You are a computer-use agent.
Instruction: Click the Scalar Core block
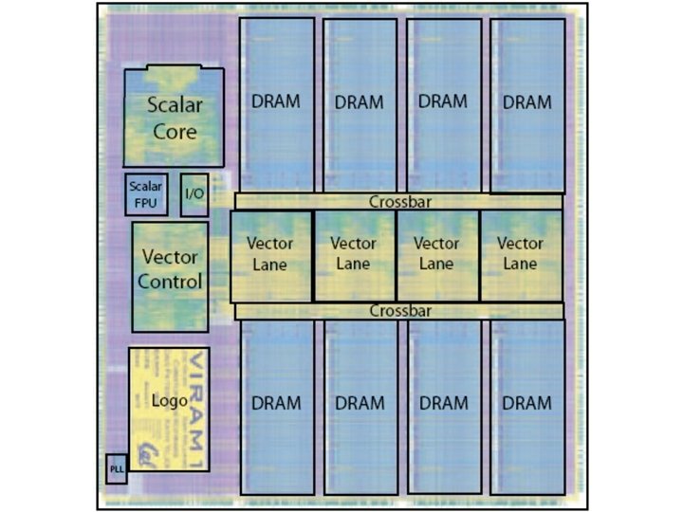coord(174,118)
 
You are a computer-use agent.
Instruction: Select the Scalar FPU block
coord(146,193)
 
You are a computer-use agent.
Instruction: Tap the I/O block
coord(194,194)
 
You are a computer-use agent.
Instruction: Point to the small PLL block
coord(116,469)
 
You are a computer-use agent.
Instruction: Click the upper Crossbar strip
coord(398,201)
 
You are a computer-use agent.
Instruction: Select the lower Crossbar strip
coord(398,311)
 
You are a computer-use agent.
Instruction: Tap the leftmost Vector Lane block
coord(270,255)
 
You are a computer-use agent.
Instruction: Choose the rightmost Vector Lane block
coord(520,255)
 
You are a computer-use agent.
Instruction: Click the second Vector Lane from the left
coord(354,255)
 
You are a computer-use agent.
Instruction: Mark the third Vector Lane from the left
coord(436,255)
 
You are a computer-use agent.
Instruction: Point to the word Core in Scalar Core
coord(175,132)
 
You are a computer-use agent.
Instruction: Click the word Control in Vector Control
coord(170,282)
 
